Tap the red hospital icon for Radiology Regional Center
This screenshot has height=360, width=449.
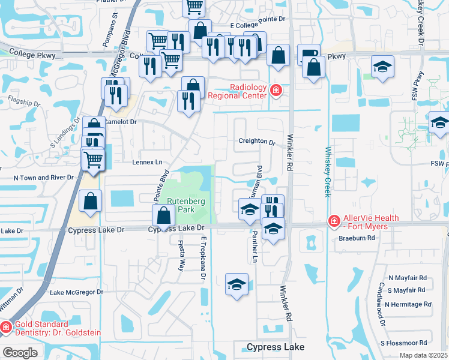(276, 91)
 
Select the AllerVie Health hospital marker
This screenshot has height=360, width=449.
(333, 221)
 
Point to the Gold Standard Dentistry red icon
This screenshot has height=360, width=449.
(5, 327)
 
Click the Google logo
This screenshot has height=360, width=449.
(20, 353)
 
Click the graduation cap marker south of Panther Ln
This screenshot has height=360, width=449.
(237, 284)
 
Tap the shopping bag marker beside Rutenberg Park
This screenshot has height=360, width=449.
(164, 214)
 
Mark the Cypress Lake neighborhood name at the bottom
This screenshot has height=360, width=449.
(276, 347)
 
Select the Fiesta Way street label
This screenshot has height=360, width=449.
(181, 256)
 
